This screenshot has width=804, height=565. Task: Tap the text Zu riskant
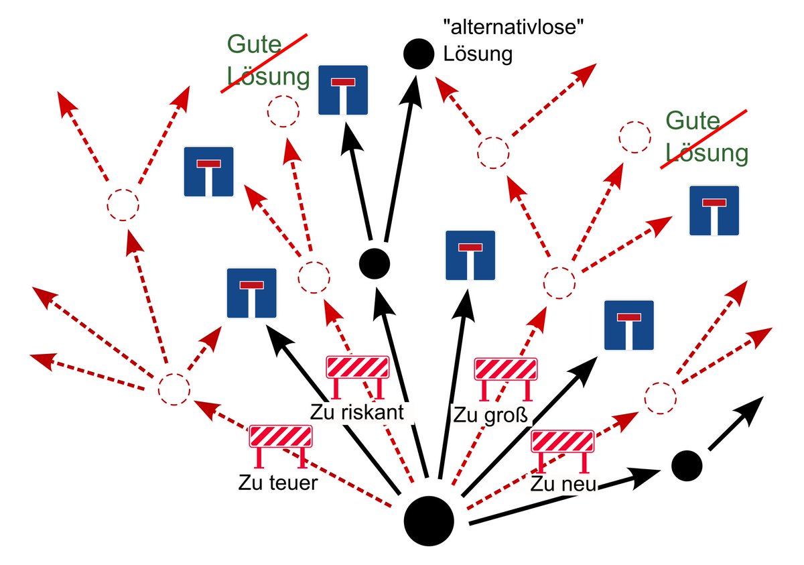pos(357,412)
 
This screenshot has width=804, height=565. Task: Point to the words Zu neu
pos(563,484)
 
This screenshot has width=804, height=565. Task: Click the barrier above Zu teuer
pos(281,437)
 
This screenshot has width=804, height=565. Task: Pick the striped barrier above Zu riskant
pos(357,368)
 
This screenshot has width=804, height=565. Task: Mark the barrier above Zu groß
pos(506,370)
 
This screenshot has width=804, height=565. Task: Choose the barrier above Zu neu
pos(563,442)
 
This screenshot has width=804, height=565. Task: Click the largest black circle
pos(429,521)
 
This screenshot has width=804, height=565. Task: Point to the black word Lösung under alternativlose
pos(478,54)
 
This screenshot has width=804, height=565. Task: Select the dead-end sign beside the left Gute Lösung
pos(343,89)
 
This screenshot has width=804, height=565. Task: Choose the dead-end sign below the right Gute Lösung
pos(714,210)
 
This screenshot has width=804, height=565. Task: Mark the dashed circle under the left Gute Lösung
pos(283,112)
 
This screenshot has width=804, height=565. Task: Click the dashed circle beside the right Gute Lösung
pos(634,138)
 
